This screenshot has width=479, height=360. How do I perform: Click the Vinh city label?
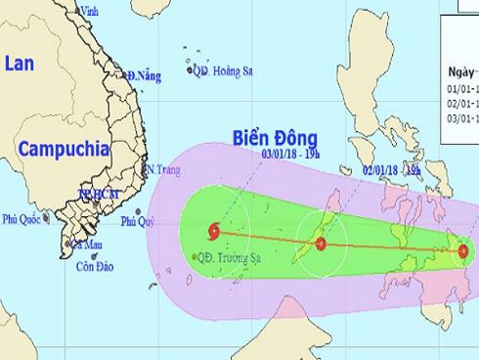pos(95,11)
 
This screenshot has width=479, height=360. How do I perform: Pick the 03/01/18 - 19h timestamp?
pos(291,155)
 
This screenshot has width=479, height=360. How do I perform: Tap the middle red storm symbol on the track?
pos(321,243)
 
